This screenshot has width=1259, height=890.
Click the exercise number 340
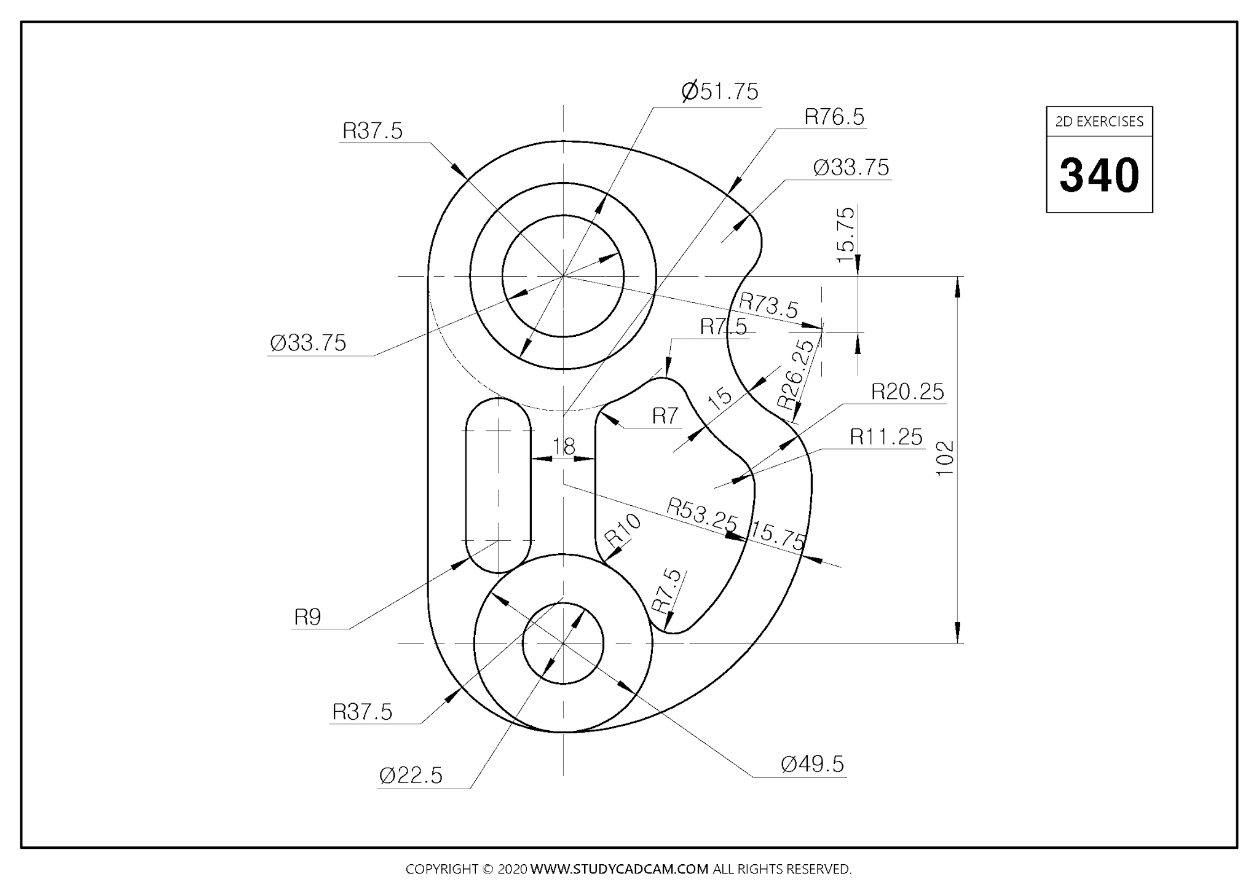click(x=1099, y=175)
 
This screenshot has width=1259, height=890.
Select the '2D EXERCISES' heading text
click(x=1099, y=121)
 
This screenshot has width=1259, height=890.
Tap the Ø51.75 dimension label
click(x=720, y=92)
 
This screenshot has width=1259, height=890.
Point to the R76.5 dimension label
click(x=834, y=117)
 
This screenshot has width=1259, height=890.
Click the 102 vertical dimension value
click(x=944, y=457)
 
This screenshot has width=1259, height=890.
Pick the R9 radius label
click(x=307, y=617)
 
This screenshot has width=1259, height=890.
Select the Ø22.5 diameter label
click(x=411, y=776)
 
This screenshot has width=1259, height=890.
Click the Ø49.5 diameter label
click(x=812, y=764)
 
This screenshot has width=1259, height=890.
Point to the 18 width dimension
click(x=563, y=446)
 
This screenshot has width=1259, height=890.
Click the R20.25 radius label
click(x=907, y=392)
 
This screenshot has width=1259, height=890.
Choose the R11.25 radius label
click(x=886, y=437)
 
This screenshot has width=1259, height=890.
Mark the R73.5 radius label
click(x=768, y=305)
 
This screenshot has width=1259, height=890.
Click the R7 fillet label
click(x=665, y=416)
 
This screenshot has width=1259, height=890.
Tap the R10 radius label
click(x=623, y=529)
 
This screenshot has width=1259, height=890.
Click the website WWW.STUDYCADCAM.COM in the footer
click(x=619, y=869)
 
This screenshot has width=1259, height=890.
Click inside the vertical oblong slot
click(x=498, y=486)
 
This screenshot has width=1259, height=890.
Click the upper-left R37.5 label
click(x=373, y=131)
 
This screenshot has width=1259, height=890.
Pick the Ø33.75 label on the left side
click(x=308, y=343)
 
